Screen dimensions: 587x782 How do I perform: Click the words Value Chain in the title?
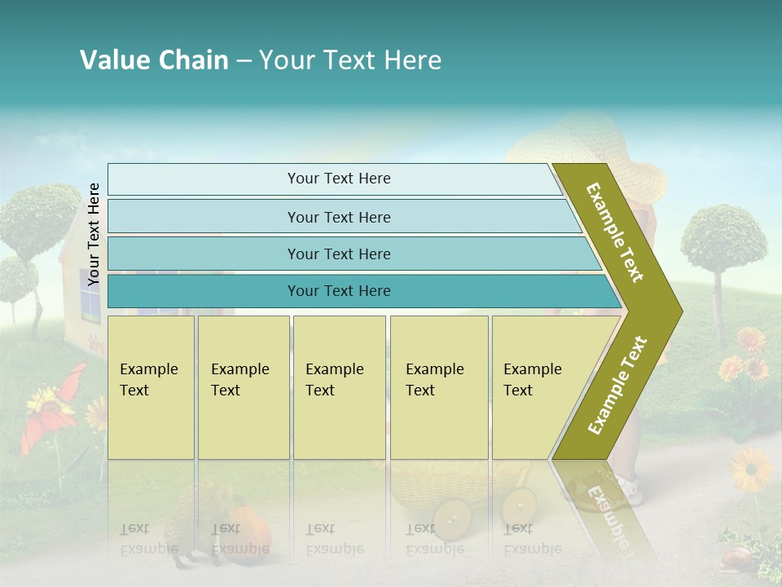point(154,60)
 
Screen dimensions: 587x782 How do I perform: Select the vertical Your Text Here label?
point(94,234)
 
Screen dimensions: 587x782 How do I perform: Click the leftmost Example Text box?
point(151,387)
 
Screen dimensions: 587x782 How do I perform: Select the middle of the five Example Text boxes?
point(339,387)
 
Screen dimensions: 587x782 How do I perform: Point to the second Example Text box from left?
point(244,387)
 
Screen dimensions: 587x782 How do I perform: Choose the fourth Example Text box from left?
point(439,387)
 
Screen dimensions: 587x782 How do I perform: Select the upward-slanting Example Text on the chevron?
point(617,385)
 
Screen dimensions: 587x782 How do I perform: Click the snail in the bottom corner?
point(736,557)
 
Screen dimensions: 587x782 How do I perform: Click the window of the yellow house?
point(90,306)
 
